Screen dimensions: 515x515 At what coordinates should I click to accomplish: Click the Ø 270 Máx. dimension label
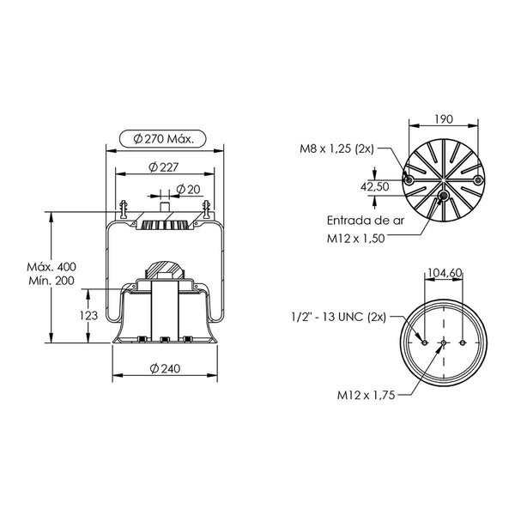163,139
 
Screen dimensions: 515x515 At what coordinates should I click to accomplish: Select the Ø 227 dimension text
164,167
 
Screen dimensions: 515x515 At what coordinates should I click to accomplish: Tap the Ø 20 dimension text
188,189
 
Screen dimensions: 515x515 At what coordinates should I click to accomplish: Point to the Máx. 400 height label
51,267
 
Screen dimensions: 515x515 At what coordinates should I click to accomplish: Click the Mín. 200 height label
51,281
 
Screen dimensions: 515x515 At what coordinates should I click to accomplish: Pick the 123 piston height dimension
88,316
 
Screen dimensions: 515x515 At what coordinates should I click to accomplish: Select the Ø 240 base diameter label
165,368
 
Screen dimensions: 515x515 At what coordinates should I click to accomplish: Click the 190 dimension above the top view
444,119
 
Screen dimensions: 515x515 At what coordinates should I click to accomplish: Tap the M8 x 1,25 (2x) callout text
337,148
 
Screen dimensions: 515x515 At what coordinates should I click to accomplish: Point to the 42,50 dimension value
375,187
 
